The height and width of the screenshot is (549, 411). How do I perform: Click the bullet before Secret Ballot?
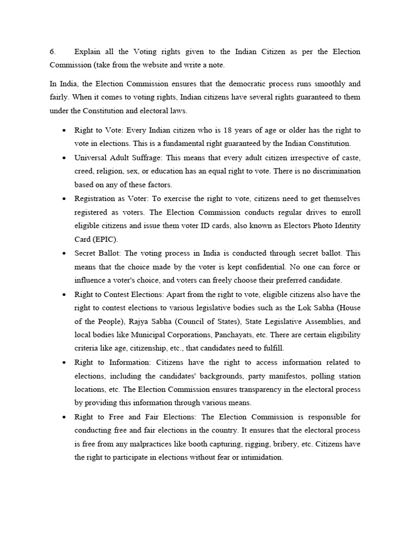coord(64,253)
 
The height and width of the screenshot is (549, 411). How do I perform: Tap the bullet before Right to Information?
coord(64,362)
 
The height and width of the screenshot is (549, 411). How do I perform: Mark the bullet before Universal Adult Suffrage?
coord(64,158)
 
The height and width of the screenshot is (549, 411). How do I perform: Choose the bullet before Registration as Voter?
coord(64,198)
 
